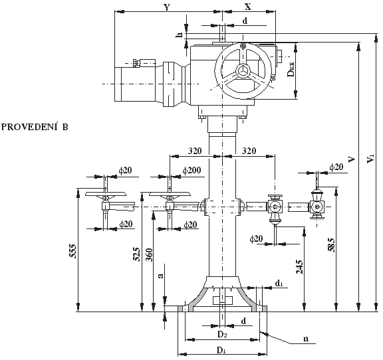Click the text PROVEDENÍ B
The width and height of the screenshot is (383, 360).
[35, 127]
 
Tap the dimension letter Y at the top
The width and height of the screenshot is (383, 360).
[167, 7]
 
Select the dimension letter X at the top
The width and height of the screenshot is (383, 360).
[248, 7]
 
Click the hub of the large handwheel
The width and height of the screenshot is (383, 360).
[243, 71]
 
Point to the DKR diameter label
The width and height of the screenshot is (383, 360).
[291, 69]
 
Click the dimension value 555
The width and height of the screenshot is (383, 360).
[73, 250]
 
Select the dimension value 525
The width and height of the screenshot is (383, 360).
[137, 254]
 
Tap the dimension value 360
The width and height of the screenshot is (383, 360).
[149, 255]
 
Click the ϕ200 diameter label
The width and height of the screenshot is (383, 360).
[191, 170]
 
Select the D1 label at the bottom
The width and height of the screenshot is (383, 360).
[221, 351]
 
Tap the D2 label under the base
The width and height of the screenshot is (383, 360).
[222, 334]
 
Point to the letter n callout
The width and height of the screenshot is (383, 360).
[306, 339]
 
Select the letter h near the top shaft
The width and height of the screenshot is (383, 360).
[180, 35]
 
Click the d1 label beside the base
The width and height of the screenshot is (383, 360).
[279, 283]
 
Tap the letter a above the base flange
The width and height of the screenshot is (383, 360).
[160, 276]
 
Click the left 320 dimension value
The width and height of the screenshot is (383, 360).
[195, 151]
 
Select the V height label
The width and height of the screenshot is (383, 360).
[352, 159]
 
